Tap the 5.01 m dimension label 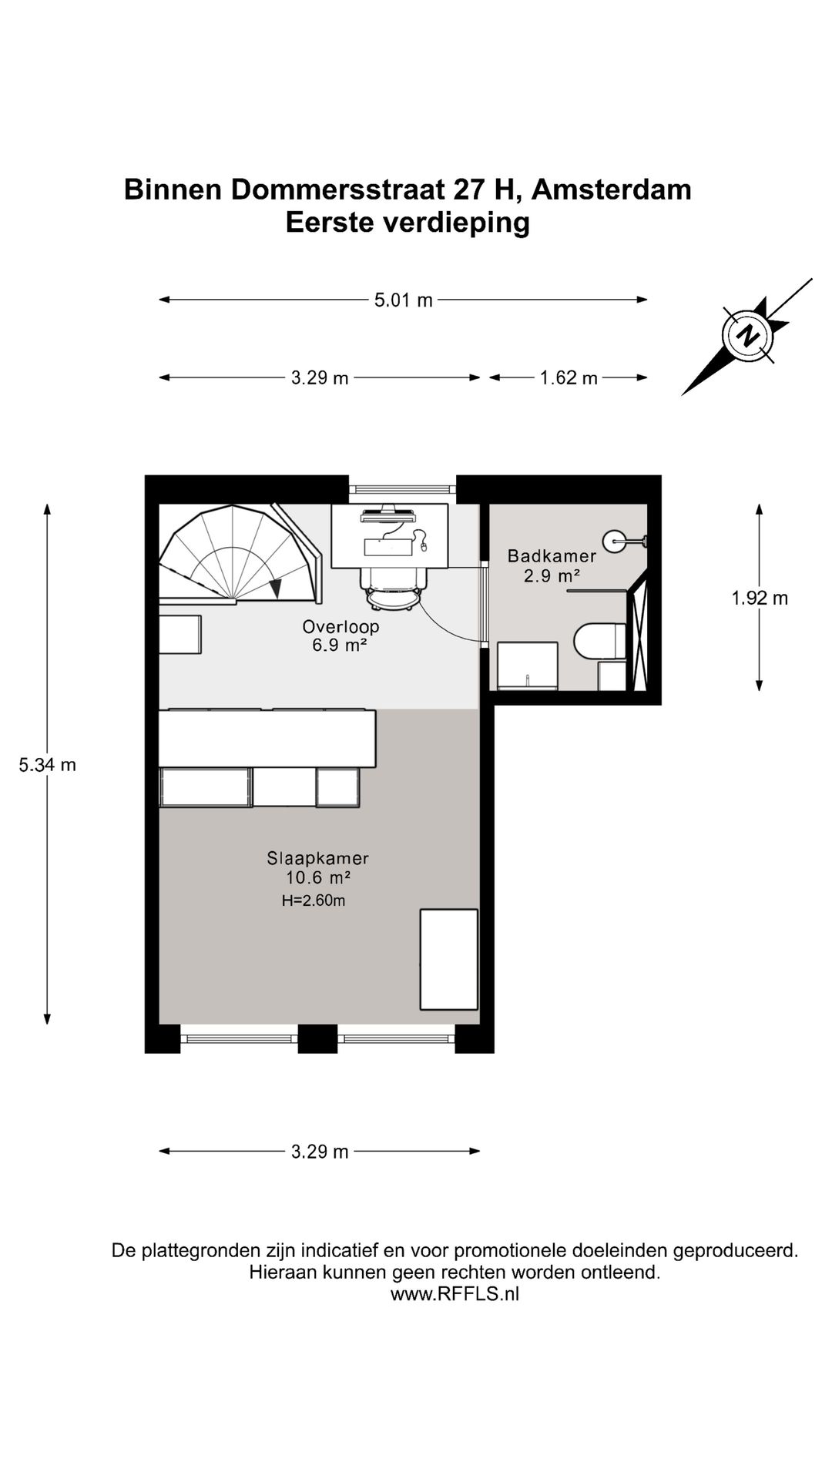tap(404, 300)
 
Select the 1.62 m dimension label tap(569, 378)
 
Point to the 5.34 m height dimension tap(48, 765)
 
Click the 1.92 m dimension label tap(760, 599)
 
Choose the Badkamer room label tap(552, 555)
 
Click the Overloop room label tap(341, 626)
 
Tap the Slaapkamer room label tap(317, 857)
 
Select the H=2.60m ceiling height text tap(313, 900)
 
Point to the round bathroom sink tap(617, 541)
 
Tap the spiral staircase tap(240, 555)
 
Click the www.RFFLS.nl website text tap(455, 1294)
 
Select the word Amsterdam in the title tap(612, 189)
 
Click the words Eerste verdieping tap(408, 223)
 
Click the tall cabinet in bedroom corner tap(448, 959)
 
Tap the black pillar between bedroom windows tap(317, 1038)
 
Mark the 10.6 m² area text tap(318, 878)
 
